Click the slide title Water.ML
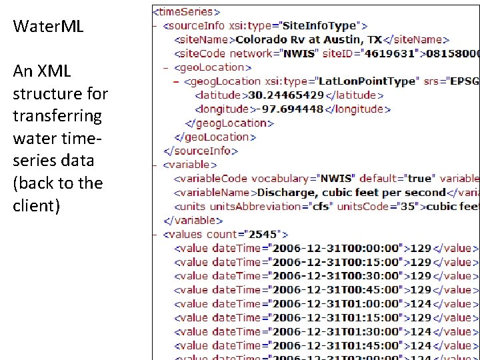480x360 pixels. tap(48, 27)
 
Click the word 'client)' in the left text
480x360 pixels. tap(37, 206)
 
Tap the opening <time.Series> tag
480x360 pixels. tap(187, 11)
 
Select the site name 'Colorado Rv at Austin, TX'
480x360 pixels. tap(309, 39)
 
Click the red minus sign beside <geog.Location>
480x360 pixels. tap(176, 81)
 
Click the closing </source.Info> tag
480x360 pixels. tap(201, 151)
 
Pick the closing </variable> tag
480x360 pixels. tap(193, 221)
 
